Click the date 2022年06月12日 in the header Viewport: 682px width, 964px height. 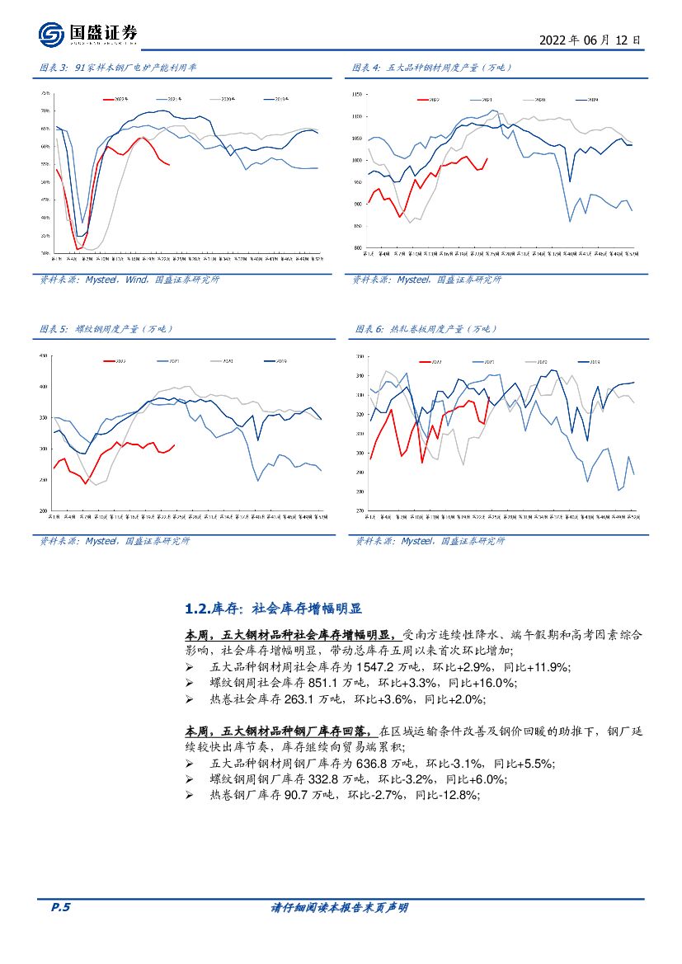(589, 39)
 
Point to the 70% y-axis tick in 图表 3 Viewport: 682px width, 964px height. (45, 111)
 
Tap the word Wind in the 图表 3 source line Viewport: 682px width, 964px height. (136, 280)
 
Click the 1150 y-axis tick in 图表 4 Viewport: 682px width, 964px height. (357, 95)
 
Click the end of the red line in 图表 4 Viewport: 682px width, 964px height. (487, 159)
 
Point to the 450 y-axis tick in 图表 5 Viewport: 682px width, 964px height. (45, 356)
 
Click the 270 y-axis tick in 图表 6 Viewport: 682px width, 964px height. (359, 511)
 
